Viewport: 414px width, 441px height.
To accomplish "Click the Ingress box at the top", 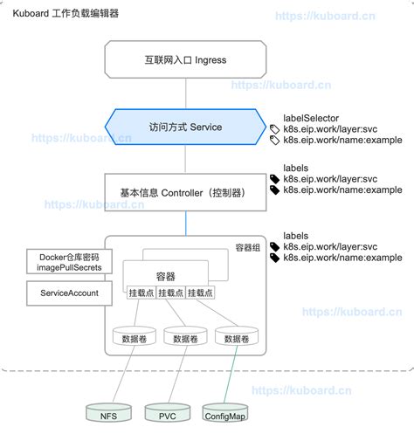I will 184,60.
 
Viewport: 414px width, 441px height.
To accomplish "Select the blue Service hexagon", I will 184,127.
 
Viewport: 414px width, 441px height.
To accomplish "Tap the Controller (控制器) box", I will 184,190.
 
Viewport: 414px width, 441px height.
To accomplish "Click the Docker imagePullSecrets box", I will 69,261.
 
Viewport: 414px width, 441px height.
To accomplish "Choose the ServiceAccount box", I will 69,293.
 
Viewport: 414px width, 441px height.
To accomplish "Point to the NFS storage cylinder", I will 108,414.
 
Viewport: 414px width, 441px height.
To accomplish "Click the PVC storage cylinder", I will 166,414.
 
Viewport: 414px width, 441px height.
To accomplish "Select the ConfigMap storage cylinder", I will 224,414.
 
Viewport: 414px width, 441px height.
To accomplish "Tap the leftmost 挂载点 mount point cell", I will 141,293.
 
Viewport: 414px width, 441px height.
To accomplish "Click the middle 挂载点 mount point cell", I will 170,293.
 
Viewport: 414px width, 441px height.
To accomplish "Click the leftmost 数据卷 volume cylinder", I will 134,338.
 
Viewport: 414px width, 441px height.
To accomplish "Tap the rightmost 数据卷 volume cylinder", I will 236,338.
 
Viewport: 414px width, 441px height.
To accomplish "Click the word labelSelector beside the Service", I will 311,117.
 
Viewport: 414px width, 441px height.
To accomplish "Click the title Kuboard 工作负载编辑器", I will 66,14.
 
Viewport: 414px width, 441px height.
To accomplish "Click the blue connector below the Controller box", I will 184,222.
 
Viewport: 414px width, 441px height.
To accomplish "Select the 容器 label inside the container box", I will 165,276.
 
